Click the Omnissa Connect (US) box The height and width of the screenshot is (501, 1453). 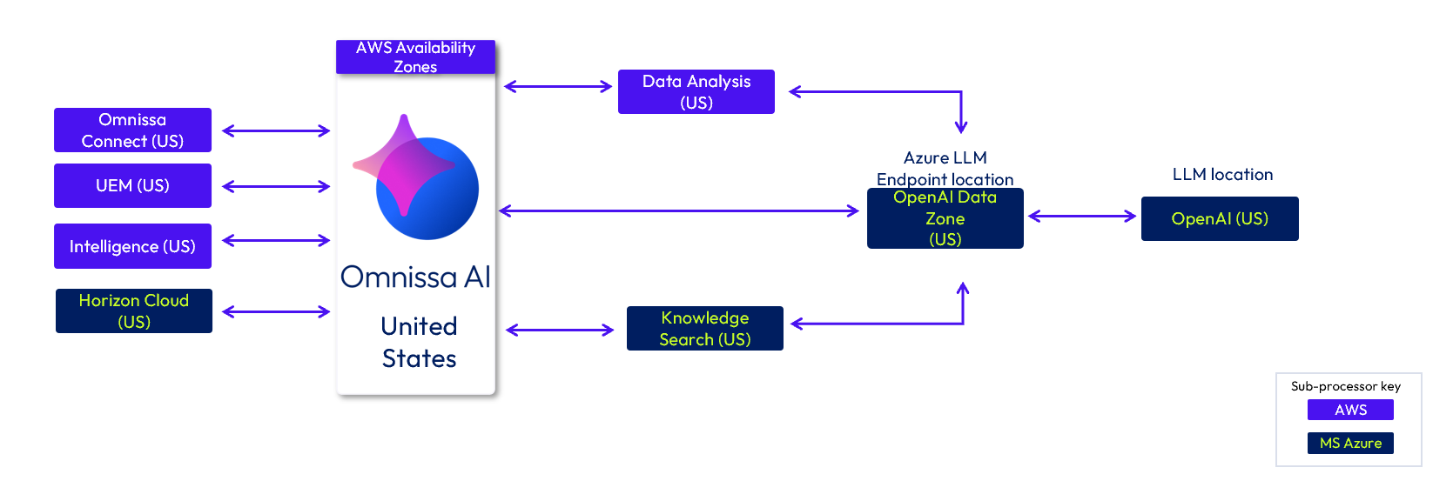(132, 130)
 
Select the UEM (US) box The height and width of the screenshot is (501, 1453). (132, 186)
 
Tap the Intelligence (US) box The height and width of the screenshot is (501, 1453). (132, 246)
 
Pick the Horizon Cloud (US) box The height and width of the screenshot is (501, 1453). (134, 311)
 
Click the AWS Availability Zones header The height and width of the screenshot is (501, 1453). (415, 57)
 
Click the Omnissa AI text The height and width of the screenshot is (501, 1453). (416, 277)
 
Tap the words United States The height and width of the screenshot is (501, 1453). (419, 342)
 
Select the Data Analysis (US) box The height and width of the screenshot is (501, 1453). (696, 91)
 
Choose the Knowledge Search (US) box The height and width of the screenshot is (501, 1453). (705, 329)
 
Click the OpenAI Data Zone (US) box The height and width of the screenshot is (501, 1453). (945, 218)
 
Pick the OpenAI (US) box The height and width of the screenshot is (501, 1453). (1220, 218)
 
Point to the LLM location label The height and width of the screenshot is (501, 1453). (1222, 175)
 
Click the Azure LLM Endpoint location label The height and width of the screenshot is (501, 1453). (945, 169)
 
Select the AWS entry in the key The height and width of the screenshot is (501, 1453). (1350, 410)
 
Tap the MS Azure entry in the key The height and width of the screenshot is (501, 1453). (1350, 443)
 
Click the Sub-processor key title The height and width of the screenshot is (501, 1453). (1346, 386)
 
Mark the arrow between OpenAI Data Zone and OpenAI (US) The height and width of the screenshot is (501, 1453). (1082, 217)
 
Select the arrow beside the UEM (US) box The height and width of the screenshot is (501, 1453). (276, 186)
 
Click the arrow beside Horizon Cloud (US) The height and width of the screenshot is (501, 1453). (276, 311)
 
